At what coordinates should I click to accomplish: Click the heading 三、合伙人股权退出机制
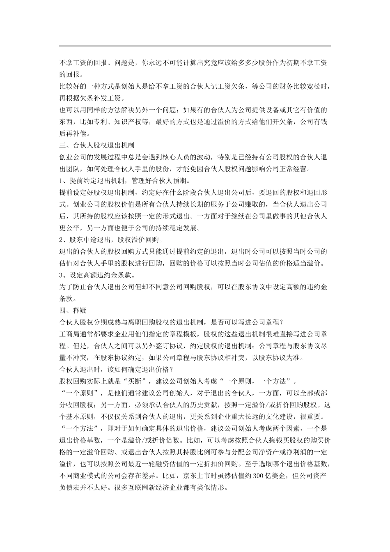pyautogui.click(x=97, y=145)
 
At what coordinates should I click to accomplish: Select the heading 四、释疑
pyautogui.click(x=73, y=310)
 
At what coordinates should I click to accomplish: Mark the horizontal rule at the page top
pyautogui.click(x=195, y=46)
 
